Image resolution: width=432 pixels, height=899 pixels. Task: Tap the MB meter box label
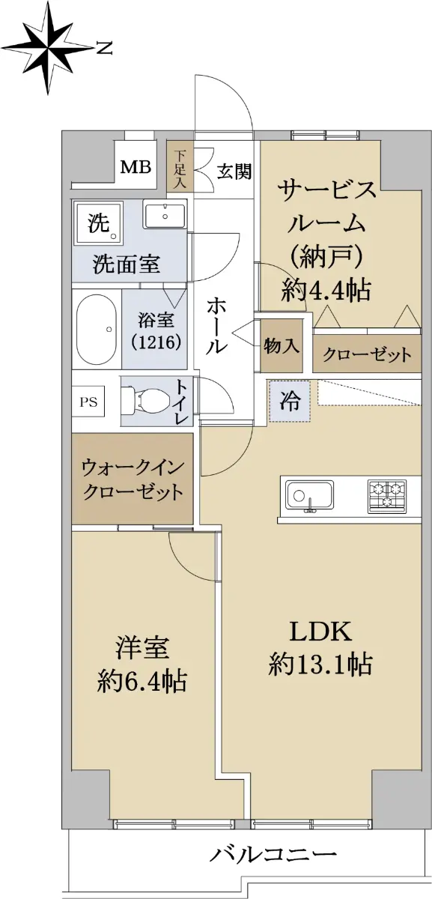click(x=136, y=166)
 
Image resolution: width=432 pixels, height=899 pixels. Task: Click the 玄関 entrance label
click(x=235, y=172)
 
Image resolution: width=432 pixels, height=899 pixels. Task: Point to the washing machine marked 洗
click(x=97, y=223)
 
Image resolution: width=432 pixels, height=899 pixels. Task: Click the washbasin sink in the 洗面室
click(x=165, y=216)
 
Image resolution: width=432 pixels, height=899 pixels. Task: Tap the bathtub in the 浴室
click(x=97, y=329)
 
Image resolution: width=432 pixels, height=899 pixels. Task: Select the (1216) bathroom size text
click(x=156, y=342)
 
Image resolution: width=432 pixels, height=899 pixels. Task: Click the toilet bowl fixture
click(x=144, y=401)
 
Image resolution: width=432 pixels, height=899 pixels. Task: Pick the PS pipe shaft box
click(x=88, y=402)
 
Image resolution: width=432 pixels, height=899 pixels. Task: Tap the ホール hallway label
click(x=217, y=325)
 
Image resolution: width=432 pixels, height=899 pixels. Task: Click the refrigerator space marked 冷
click(x=290, y=401)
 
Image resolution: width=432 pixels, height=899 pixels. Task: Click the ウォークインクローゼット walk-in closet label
click(x=133, y=480)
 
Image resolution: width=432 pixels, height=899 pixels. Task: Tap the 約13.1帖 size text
click(x=320, y=664)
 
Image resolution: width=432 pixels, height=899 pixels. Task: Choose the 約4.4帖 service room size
click(x=325, y=290)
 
